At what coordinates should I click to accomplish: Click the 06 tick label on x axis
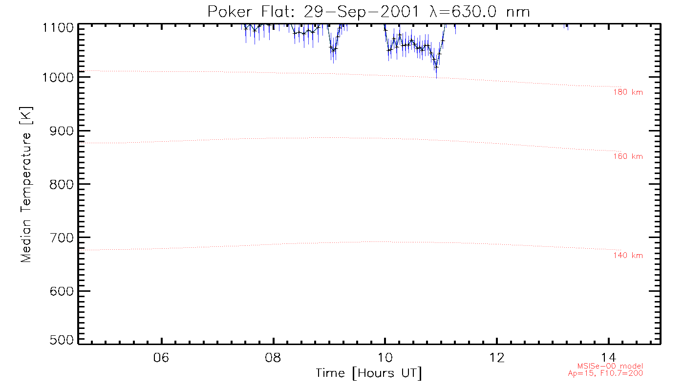pyautogui.click(x=161, y=357)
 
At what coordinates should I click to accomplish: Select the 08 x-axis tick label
pyautogui.click(x=273, y=357)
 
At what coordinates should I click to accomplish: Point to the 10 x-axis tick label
pyautogui.click(x=385, y=357)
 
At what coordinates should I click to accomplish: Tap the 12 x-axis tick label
pyautogui.click(x=497, y=357)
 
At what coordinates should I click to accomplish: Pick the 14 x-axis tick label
pyautogui.click(x=609, y=357)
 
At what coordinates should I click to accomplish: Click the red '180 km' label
pyautogui.click(x=628, y=92)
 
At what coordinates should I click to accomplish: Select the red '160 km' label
pyautogui.click(x=628, y=157)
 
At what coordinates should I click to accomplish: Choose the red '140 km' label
pyautogui.click(x=628, y=256)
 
